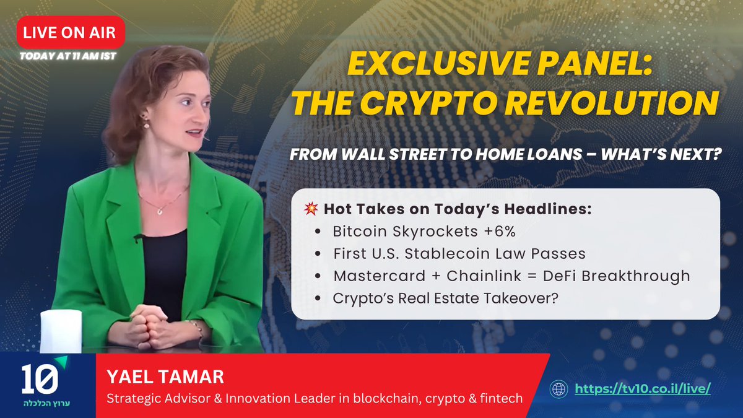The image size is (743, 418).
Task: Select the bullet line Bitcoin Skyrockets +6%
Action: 424,232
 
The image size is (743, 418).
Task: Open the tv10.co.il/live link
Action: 642,389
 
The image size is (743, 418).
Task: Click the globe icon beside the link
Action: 559,389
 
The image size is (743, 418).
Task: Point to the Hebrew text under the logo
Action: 43,403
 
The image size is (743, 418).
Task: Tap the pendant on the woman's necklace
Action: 159,211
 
